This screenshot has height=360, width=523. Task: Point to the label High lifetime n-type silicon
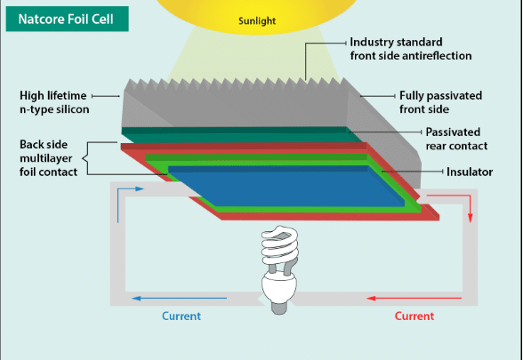click(x=52, y=101)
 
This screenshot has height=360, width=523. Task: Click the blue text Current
click(x=181, y=316)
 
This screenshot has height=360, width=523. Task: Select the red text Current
click(x=414, y=316)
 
